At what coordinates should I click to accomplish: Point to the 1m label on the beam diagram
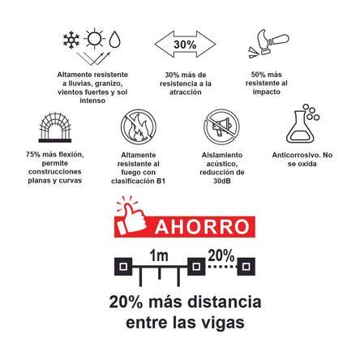click(159, 255)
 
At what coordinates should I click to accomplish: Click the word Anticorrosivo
click(289, 154)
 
